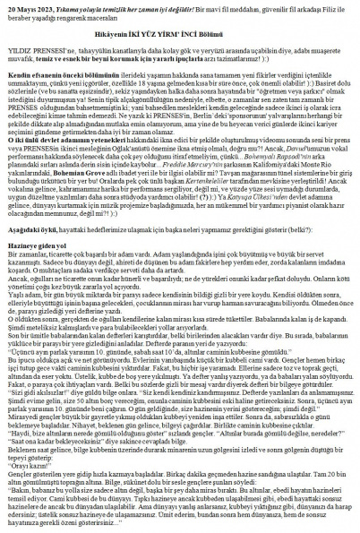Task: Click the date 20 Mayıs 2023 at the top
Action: click(28, 6)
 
